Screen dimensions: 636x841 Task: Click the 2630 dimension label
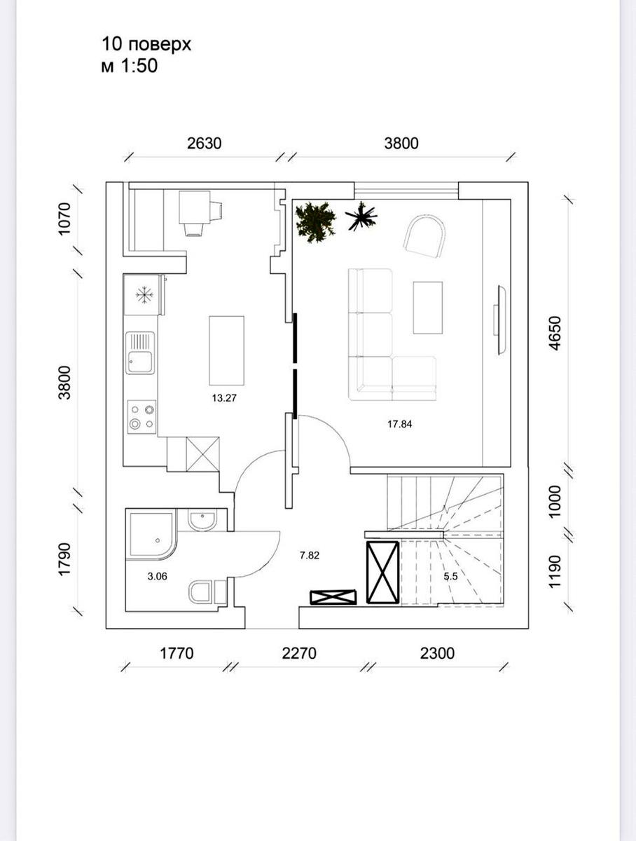[x=204, y=143]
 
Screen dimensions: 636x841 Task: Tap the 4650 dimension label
[x=555, y=333]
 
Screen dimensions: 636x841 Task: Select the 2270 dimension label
[x=299, y=653]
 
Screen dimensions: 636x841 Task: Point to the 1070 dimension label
[x=64, y=219]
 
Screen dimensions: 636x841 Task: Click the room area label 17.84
[x=399, y=424]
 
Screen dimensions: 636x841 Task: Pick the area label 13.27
[x=224, y=398]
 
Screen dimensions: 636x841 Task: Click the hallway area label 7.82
[x=310, y=555]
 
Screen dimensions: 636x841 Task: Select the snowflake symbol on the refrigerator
[x=144, y=295]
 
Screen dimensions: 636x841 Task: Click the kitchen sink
[x=140, y=353]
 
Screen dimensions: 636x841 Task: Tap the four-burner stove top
[x=141, y=417]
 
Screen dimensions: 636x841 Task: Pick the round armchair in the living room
[x=425, y=236]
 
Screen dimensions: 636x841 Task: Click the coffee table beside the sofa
[x=428, y=308]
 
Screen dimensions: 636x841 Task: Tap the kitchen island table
[x=227, y=350]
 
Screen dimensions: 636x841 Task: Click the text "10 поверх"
[x=146, y=45]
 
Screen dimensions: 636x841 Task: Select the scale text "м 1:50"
[x=130, y=66]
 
